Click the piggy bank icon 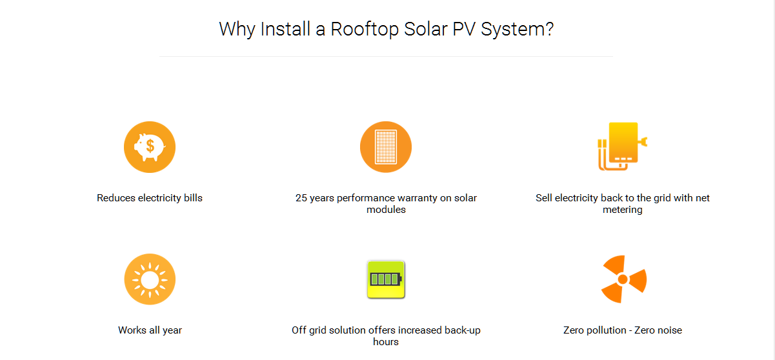[150, 147]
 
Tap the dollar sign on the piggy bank [150, 146]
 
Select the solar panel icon [386, 147]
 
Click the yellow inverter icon [623, 146]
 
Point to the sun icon [150, 279]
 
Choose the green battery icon [386, 279]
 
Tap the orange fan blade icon [623, 279]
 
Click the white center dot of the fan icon [623, 279]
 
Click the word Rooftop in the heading [365, 29]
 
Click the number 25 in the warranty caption [301, 198]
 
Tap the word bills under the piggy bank [193, 198]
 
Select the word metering [623, 210]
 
